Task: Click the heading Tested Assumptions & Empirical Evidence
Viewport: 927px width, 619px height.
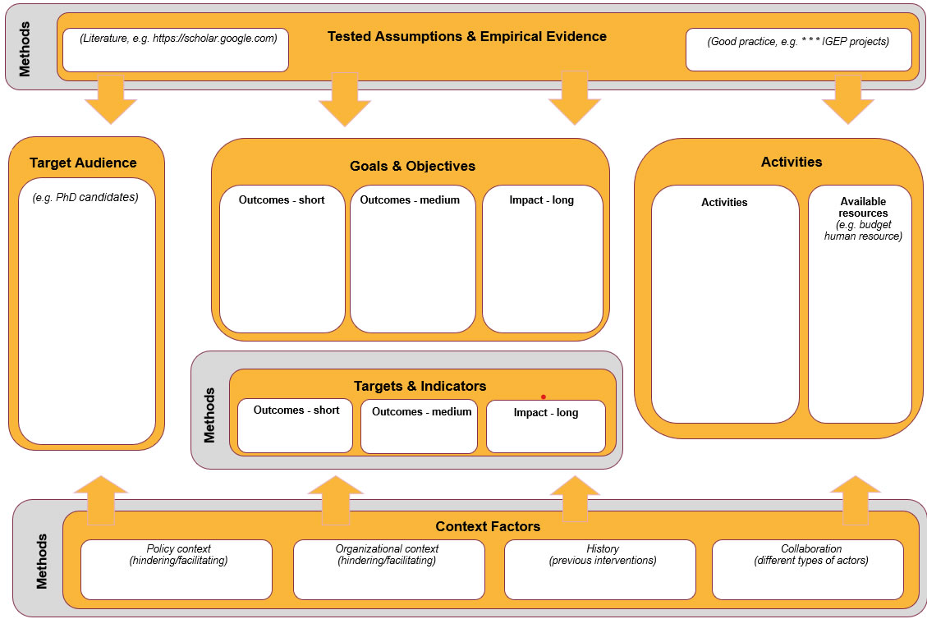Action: [x=466, y=37]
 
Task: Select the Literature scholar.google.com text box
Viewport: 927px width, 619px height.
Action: [x=176, y=49]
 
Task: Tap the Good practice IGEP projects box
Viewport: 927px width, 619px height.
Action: [x=798, y=49]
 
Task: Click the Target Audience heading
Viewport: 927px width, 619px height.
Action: [x=83, y=163]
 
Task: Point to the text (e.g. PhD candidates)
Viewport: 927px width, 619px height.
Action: [x=85, y=198]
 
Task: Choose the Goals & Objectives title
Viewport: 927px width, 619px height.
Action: [x=412, y=167]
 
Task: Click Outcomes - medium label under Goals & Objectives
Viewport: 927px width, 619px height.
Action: [x=410, y=199]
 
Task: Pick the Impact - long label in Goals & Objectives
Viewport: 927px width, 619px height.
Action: [x=541, y=200]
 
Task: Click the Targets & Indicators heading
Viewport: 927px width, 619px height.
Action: [x=420, y=386]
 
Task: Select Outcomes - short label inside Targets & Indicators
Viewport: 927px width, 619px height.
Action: [x=296, y=410]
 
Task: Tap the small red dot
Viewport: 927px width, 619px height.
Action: [x=543, y=397]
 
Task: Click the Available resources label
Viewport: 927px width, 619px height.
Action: [x=863, y=207]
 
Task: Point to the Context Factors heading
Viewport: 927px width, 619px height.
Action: [x=488, y=526]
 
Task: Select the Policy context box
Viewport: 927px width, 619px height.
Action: [x=177, y=568]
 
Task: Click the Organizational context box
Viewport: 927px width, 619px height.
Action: [x=387, y=568]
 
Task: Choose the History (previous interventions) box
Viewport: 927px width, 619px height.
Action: [x=600, y=568]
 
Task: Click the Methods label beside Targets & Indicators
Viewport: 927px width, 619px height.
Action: [x=210, y=415]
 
